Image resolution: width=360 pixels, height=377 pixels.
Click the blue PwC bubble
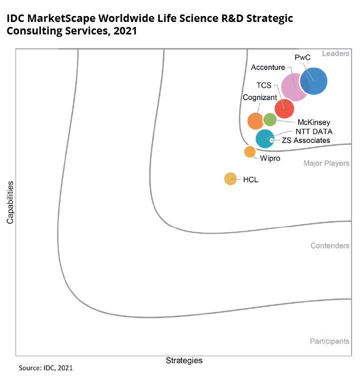coord(314,80)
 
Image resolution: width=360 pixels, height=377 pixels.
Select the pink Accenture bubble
coord(294,87)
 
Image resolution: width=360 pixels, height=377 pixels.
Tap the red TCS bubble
coord(285,108)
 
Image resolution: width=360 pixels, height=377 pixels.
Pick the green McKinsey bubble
coord(270,120)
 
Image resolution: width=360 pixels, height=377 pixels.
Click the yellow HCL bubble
coord(230,179)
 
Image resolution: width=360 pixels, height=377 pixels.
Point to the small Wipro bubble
coord(250,152)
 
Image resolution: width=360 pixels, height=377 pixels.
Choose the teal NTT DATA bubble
coord(265,139)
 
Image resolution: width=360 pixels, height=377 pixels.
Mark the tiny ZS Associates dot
coord(272,140)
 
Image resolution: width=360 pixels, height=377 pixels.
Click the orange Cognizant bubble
coord(256,120)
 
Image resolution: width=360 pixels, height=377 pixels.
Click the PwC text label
coord(303,58)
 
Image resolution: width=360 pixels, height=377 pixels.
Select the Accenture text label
coord(268,67)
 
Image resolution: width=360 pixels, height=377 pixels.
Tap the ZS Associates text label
coord(306,140)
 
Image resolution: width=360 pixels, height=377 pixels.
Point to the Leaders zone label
coord(336,53)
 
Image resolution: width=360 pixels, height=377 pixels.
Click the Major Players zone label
coord(327,163)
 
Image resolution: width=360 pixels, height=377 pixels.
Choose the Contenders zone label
coord(330,246)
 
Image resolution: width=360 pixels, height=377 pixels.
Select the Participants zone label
coord(329,341)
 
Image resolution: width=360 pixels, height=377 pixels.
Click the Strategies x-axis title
coord(184,360)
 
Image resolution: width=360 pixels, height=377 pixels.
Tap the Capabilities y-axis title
coord(10,202)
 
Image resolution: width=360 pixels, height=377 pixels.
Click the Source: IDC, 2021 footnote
coord(45,368)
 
